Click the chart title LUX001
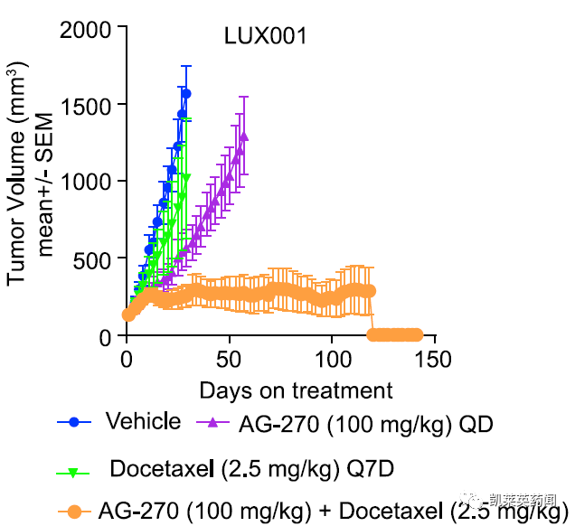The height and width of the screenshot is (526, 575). pos(266,37)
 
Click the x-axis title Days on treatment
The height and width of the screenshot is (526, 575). pos(296,390)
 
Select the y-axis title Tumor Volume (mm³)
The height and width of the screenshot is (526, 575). pos(18,172)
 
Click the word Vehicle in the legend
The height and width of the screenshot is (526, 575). pos(143,421)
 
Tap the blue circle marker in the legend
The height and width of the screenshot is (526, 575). pos(75,422)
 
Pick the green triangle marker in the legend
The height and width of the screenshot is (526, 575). pos(75,473)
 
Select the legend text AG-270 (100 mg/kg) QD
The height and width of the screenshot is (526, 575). pos(366,422)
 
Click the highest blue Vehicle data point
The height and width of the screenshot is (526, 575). pos(186,93)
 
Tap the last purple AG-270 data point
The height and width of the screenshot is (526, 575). pos(244,136)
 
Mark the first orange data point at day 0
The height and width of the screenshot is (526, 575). pos(127,315)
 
